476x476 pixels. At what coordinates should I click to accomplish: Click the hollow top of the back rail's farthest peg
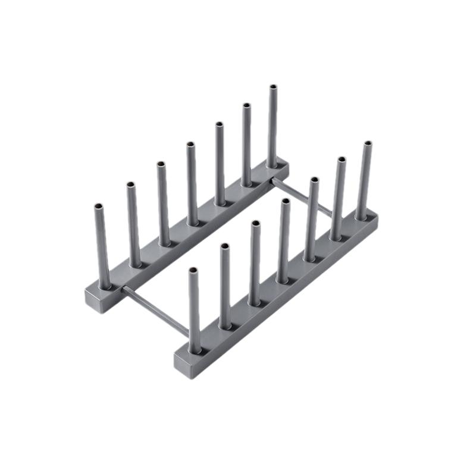[273, 87]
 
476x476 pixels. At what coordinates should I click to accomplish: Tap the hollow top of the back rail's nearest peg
[99, 207]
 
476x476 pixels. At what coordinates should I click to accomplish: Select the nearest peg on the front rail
[195, 309]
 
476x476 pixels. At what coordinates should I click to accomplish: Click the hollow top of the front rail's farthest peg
[368, 144]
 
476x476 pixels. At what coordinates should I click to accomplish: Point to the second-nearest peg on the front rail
[226, 286]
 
